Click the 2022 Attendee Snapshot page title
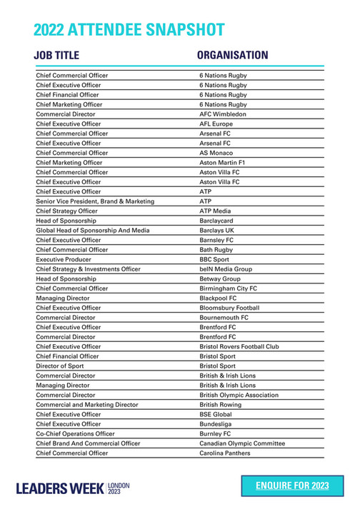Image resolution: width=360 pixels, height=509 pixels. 129,29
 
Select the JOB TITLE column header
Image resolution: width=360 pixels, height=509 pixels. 56,55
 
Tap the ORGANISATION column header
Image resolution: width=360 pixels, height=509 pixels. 232,55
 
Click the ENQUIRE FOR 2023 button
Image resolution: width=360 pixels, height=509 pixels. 292,485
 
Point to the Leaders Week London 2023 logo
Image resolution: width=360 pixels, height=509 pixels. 73,488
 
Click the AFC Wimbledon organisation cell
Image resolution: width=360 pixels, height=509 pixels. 223,114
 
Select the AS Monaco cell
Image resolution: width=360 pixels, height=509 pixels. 217,153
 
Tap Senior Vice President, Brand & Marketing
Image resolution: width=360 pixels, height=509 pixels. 95,201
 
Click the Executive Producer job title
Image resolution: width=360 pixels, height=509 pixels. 65,260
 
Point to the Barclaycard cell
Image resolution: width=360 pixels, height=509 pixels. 218,221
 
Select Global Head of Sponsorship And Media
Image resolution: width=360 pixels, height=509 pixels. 93,231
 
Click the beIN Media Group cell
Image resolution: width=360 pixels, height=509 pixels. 226,269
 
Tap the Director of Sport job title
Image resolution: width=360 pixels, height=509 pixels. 61,366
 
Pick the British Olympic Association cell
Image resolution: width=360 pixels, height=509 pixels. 239,395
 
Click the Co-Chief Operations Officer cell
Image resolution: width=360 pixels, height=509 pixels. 75,433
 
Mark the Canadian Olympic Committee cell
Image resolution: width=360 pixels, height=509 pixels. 242,443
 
